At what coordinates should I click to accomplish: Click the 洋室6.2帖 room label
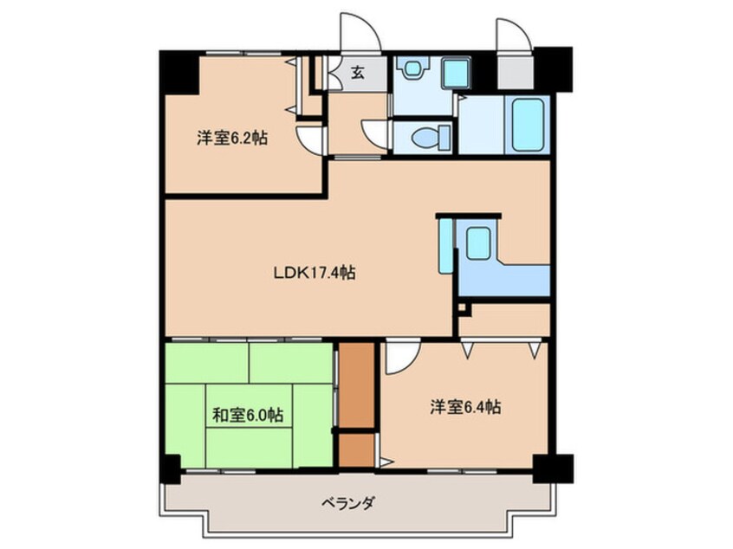[230, 138]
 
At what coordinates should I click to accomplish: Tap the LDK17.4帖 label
[315, 272]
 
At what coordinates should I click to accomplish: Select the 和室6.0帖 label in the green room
[248, 415]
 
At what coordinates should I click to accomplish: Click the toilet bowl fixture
[430, 136]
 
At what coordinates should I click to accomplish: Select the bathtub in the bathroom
[528, 123]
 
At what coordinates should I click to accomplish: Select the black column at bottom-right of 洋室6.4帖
[551, 468]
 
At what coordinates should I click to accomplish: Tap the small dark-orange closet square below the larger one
[356, 449]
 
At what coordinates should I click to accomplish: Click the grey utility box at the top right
[516, 73]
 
